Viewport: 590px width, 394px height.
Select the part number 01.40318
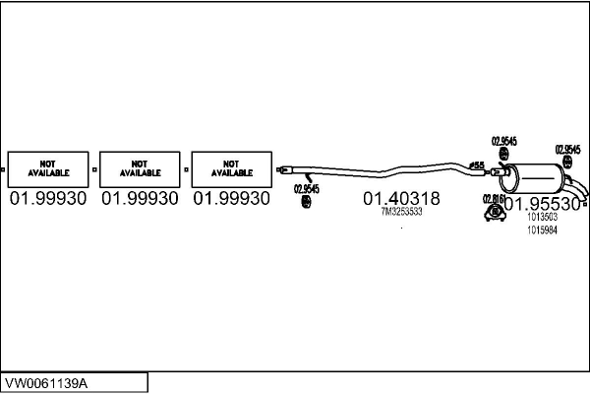click(401, 198)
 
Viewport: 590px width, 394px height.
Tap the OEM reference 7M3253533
click(401, 212)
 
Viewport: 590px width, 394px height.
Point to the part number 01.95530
click(542, 204)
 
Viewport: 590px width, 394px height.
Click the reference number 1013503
click(542, 218)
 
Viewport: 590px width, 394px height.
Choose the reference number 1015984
click(542, 230)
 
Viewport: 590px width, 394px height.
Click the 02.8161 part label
click(493, 197)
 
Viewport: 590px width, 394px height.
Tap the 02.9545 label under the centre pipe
click(306, 188)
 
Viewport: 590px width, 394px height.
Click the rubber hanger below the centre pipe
click(306, 202)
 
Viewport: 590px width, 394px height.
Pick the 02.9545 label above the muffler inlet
click(502, 141)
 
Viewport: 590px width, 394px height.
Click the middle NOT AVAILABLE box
click(140, 167)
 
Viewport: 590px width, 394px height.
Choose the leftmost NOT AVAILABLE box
click(47, 167)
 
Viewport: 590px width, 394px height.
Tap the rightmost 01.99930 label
click(231, 198)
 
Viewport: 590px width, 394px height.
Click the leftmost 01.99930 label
click(47, 198)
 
